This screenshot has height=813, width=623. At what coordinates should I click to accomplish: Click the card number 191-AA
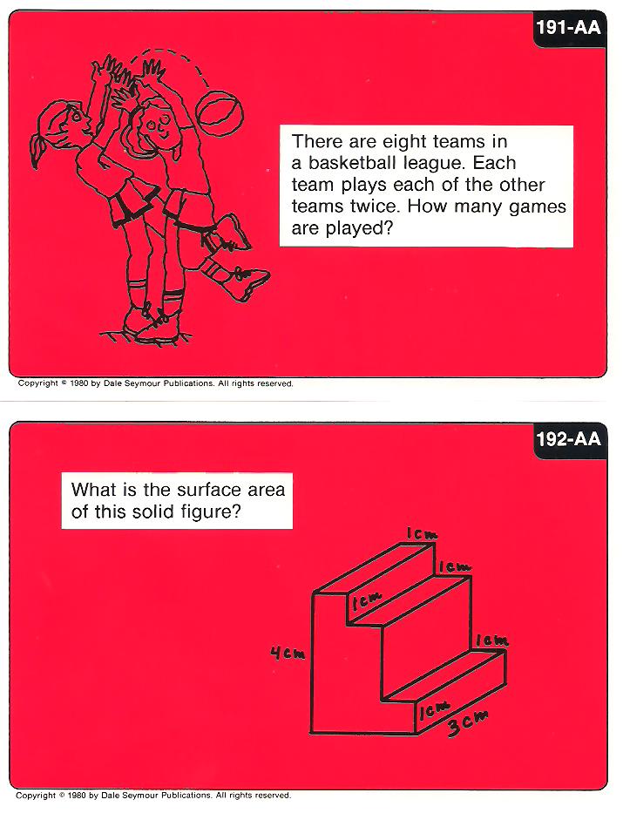click(x=569, y=27)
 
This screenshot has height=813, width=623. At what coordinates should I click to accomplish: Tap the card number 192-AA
click(x=569, y=439)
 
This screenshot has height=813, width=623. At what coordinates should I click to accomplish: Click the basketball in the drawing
click(x=220, y=112)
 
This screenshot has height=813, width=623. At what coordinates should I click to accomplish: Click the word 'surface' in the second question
click(x=209, y=490)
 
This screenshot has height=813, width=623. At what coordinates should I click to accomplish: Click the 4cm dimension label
click(x=288, y=654)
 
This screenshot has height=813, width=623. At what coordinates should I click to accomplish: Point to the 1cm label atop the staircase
click(x=422, y=534)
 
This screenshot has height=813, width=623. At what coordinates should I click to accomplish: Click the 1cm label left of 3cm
click(x=434, y=708)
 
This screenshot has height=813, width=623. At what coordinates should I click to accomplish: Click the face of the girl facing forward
click(x=157, y=126)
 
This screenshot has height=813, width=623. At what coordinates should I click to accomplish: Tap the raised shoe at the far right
click(x=247, y=283)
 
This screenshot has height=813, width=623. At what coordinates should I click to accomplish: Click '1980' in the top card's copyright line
click(x=78, y=383)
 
